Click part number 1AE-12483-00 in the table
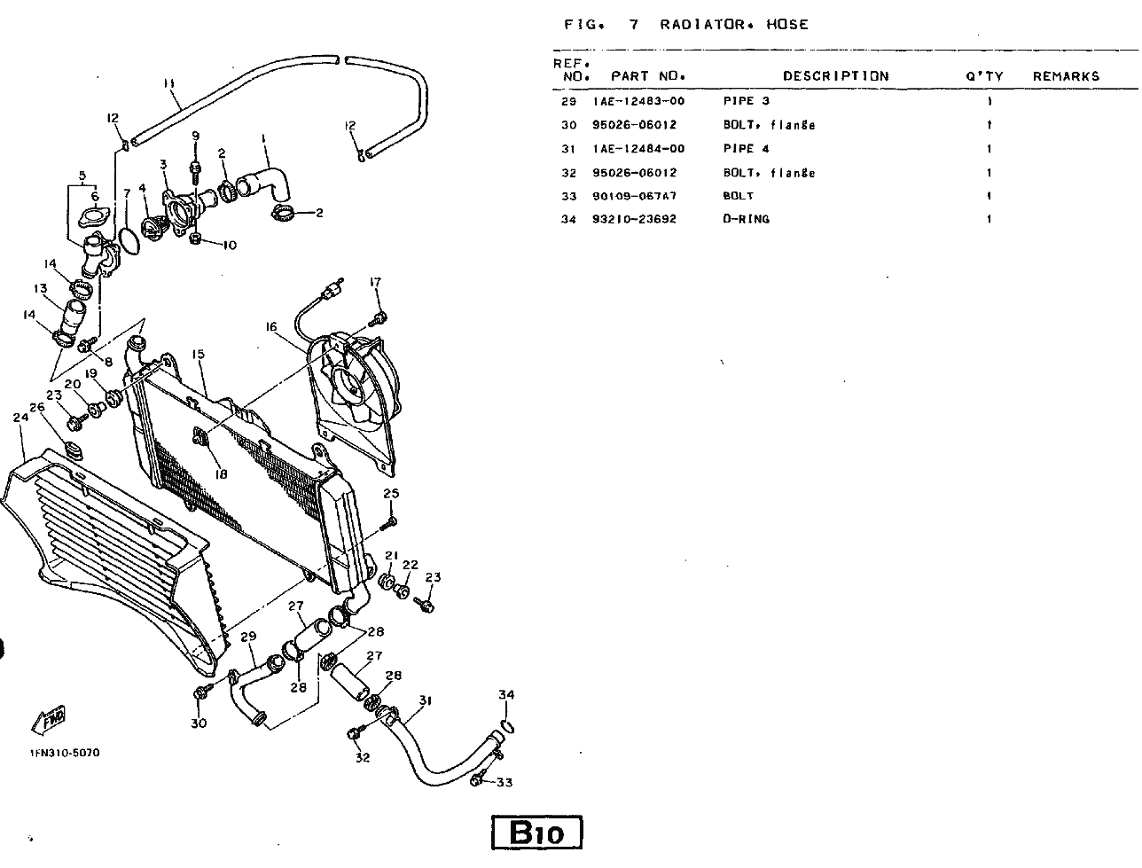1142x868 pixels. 638,101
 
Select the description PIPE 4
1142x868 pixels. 746,149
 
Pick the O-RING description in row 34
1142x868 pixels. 746,219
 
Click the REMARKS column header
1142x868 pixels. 1066,76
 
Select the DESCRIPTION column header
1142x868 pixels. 834,76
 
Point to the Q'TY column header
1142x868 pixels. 984,76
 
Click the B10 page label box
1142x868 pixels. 537,833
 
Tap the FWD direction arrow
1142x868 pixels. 50,720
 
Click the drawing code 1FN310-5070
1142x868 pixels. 64,753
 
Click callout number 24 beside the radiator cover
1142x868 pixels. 21,416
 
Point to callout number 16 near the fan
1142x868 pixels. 271,326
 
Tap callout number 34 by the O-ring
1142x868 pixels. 505,694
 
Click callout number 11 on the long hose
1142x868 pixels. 169,83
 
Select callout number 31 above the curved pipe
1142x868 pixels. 425,700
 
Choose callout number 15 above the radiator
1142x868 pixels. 198,354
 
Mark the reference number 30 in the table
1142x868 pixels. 568,125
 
